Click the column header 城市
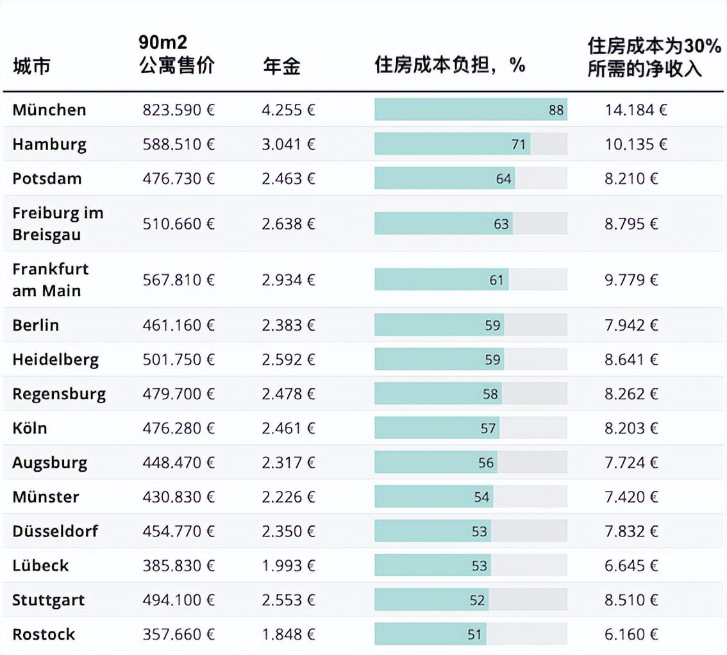pos(31,66)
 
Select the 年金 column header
pos(281,66)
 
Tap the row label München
pos(49,110)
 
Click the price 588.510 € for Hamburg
pos(178,144)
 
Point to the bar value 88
pos(556,110)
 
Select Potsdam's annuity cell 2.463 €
pos(288,178)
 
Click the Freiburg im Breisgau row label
pos(58,224)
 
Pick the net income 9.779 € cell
pos(631,280)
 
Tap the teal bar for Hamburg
pos(452,144)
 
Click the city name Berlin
pos(35,325)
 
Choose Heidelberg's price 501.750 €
pos(178,360)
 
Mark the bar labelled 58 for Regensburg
pos(438,394)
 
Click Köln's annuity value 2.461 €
pos(288,428)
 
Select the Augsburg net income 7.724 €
pos(631,463)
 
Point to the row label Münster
pos(46,497)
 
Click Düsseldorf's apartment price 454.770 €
pos(178,531)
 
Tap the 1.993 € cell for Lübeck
pos(288,566)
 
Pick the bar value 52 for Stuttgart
pos(477,601)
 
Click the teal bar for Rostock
pos(430,634)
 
